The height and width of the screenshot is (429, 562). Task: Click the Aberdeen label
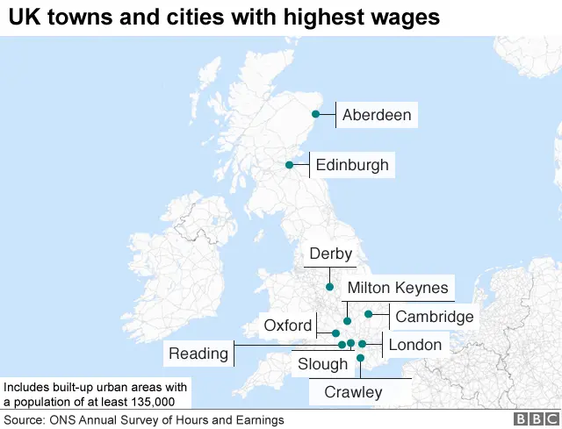tap(376, 115)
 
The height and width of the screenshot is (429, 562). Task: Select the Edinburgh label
tap(351, 165)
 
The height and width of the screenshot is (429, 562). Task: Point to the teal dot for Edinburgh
tap(289, 164)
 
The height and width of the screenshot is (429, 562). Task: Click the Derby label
tap(330, 254)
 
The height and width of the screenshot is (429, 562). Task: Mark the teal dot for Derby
tap(329, 287)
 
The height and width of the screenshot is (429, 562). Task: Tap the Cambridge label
tap(434, 317)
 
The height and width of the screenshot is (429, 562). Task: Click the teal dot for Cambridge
tap(369, 314)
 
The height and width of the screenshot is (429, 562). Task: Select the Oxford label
tap(287, 326)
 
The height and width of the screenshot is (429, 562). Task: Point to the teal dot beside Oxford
tap(335, 333)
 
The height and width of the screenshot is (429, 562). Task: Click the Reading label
tap(198, 354)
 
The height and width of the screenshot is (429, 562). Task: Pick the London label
tap(414, 345)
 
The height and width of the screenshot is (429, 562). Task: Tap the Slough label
tap(322, 364)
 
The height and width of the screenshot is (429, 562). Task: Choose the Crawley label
tap(353, 392)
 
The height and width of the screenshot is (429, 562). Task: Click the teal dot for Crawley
tap(360, 358)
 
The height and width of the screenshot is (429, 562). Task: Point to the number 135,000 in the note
tap(149, 402)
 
